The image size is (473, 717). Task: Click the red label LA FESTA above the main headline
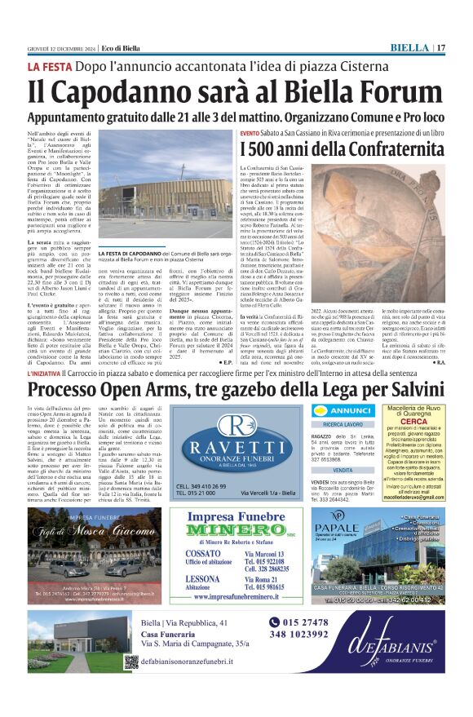pyautogui.click(x=51, y=66)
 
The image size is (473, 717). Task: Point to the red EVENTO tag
pyautogui.click(x=250, y=132)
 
